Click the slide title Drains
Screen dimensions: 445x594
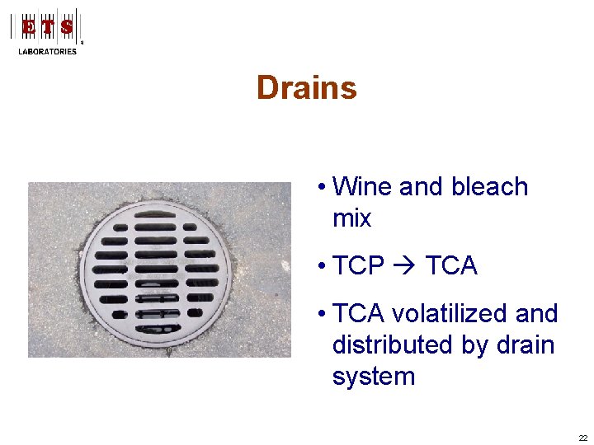pyautogui.click(x=306, y=88)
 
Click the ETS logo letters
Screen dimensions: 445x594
pyautogui.click(x=47, y=27)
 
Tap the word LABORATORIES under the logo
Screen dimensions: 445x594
pyautogui.click(x=47, y=51)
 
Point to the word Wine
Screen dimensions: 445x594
pyautogui.click(x=362, y=187)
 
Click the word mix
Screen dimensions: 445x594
pyautogui.click(x=351, y=218)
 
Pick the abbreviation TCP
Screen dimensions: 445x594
pyautogui.click(x=359, y=266)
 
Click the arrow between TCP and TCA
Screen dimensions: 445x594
pyautogui.click(x=405, y=266)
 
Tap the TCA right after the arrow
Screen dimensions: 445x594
pyautogui.click(x=451, y=266)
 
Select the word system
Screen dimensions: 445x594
pyautogui.click(x=373, y=377)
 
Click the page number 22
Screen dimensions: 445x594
pyautogui.click(x=583, y=438)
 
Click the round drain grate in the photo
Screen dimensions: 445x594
pyautogui.click(x=156, y=269)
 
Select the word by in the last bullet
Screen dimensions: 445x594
pyautogui.click(x=474, y=345)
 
